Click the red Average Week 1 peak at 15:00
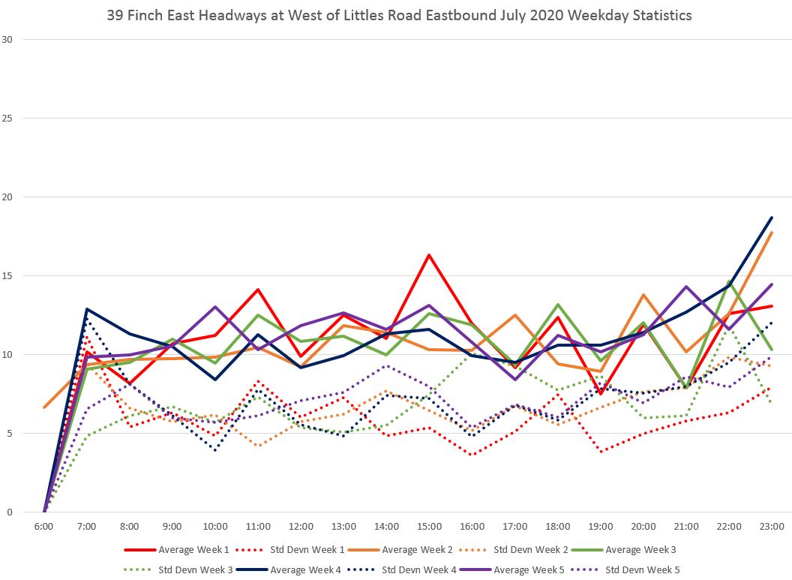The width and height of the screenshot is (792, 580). click(429, 255)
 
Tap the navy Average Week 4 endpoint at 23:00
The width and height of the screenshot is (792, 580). click(772, 218)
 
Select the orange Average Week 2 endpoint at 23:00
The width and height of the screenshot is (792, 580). click(772, 233)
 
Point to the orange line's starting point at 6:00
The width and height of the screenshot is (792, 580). click(44, 407)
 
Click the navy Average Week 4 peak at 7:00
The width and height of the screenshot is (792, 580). click(87, 309)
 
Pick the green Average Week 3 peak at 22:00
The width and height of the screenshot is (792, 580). click(729, 282)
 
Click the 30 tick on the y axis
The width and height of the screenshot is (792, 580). click(9, 39)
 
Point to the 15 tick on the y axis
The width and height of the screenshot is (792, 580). click(9, 275)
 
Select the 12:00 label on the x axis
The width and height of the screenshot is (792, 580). click(301, 527)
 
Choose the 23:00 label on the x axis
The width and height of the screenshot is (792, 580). click(772, 527)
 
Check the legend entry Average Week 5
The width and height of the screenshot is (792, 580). click(528, 569)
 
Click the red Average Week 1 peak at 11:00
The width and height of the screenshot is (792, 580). click(258, 290)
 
